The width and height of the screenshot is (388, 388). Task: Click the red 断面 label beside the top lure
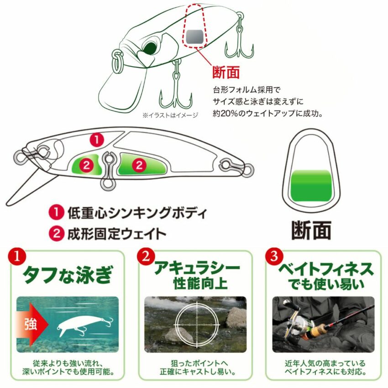(x=226, y=72)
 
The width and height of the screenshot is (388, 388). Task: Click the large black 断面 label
(x=311, y=231)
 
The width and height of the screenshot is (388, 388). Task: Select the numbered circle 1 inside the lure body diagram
(x=97, y=140)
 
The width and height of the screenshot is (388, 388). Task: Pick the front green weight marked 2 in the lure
(x=87, y=164)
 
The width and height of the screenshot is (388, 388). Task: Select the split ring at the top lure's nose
(x=117, y=60)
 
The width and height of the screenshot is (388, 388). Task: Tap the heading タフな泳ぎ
(x=68, y=274)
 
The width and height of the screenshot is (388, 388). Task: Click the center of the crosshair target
(x=197, y=325)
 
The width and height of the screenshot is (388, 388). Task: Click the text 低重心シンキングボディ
(x=137, y=213)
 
